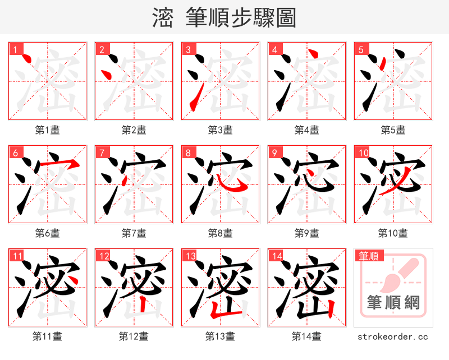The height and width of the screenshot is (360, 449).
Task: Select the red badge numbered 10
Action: coord(363,153)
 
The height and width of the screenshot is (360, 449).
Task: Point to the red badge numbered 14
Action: coord(276,256)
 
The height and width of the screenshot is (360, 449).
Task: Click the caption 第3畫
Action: coord(220,130)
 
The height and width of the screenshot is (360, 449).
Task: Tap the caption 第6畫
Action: coord(47,233)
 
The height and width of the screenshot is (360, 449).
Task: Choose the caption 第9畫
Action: coord(306,233)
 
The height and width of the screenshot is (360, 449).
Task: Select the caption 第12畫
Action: coord(134,336)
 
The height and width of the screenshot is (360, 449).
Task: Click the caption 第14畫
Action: coord(306,336)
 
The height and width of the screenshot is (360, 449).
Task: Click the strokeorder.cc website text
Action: coord(393,337)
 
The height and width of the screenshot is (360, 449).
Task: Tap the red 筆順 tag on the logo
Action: coord(369,256)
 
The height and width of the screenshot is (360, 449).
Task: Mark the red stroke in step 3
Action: coord(194,101)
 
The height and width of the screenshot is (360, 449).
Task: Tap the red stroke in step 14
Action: coord(331,308)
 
